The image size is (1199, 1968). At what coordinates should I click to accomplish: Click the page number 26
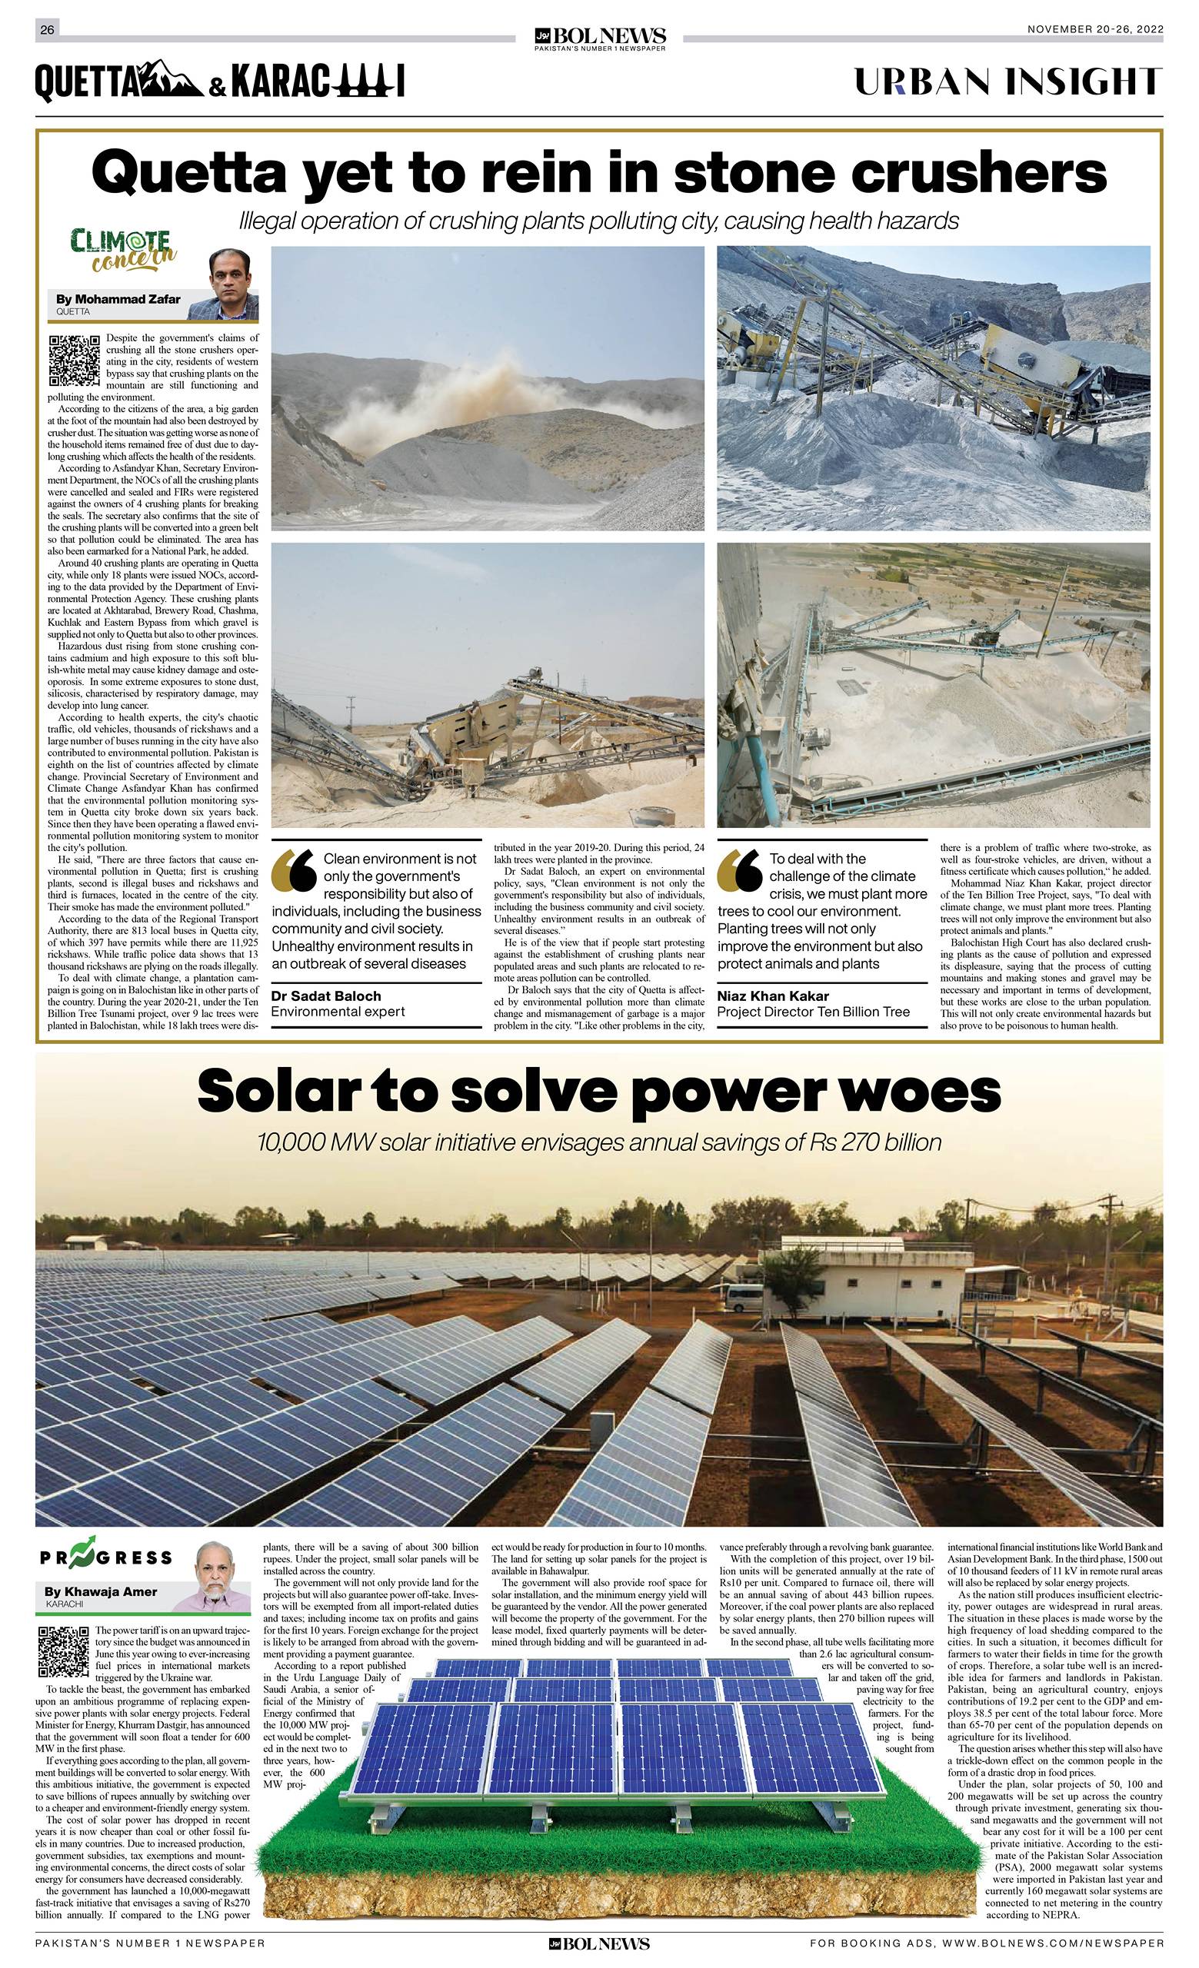click(47, 30)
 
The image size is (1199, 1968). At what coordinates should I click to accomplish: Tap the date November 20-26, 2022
click(1094, 29)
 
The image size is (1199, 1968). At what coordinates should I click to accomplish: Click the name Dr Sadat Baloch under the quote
click(326, 996)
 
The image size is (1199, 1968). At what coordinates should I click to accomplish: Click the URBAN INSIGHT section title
click(1008, 82)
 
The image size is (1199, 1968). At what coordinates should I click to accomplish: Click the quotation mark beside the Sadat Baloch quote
click(294, 872)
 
